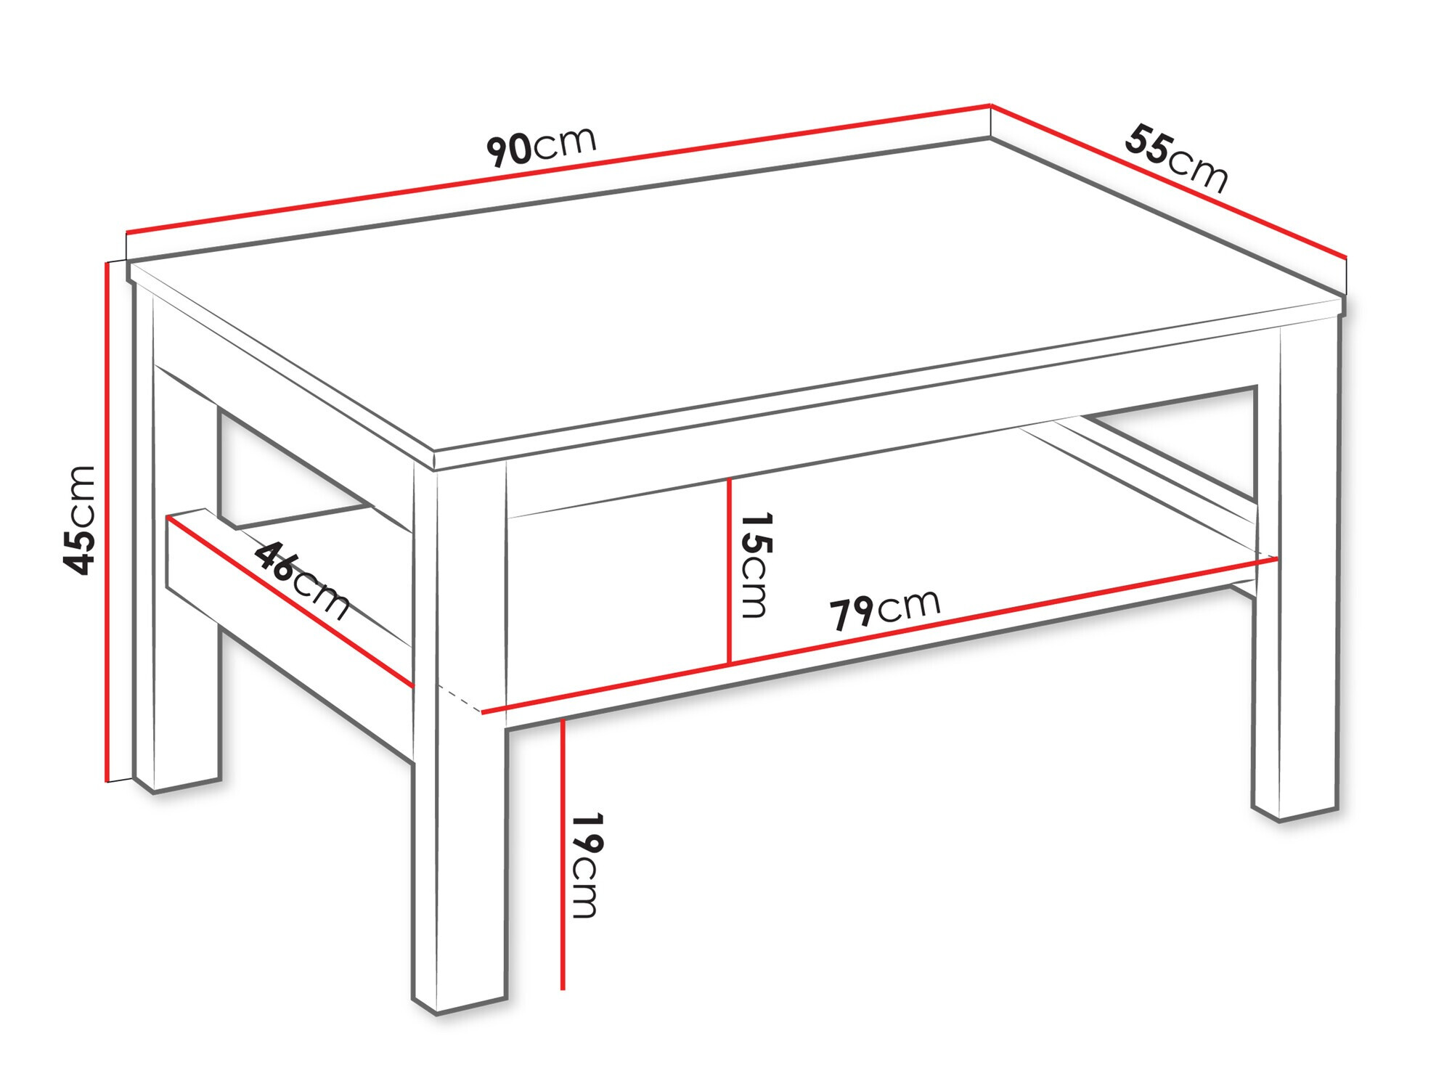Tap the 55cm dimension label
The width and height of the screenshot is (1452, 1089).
tap(1176, 158)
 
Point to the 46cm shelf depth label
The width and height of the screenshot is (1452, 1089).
tap(302, 580)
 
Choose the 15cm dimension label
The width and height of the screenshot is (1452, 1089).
tap(755, 565)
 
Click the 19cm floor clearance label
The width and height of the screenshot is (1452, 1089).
tap(587, 865)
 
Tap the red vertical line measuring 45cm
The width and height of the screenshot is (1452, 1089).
tap(107, 521)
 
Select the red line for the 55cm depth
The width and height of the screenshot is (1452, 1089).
tap(1169, 181)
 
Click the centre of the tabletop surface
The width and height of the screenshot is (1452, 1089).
tap(733, 290)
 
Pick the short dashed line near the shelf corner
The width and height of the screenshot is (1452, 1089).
tap(459, 698)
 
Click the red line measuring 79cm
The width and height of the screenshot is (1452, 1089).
tap(879, 635)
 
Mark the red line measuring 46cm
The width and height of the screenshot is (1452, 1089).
tap(290, 602)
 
